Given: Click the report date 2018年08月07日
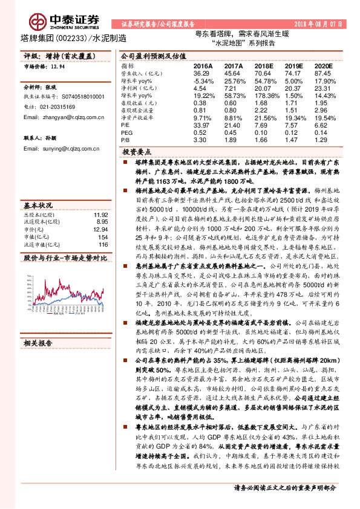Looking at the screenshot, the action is pyautogui.click(x=320, y=24).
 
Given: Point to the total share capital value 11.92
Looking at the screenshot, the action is pyautogui.click(x=100, y=214).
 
